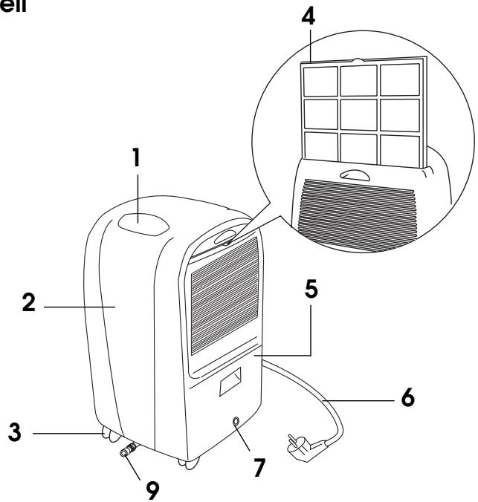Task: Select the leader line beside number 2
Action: coord(74,306)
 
